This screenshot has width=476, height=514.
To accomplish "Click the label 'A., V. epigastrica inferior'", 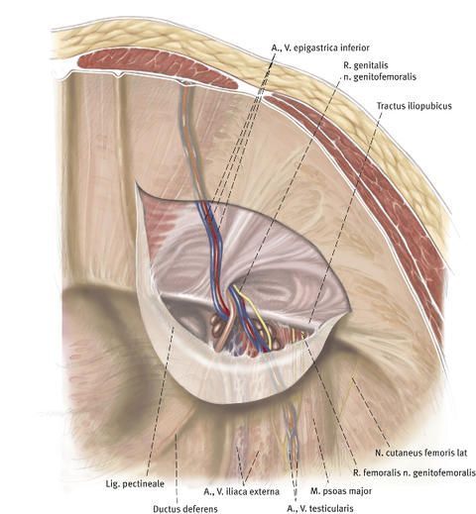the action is pyautogui.click(x=320, y=48).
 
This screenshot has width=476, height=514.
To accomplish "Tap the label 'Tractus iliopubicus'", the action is pyautogui.click(x=414, y=106).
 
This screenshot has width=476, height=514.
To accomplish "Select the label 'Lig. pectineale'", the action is pyautogui.click(x=135, y=484).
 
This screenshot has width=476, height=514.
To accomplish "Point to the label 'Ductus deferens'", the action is pyautogui.click(x=185, y=508).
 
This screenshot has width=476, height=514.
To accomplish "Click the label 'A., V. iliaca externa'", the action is pyautogui.click(x=241, y=491).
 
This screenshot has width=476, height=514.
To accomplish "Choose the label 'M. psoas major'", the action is pyautogui.click(x=341, y=491).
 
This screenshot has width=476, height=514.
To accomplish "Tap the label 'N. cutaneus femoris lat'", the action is pyautogui.click(x=421, y=453).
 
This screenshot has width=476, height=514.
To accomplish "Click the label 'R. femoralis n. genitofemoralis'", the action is pyautogui.click(x=415, y=472).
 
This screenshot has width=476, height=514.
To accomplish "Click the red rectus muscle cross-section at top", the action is pyautogui.click(x=158, y=68).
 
